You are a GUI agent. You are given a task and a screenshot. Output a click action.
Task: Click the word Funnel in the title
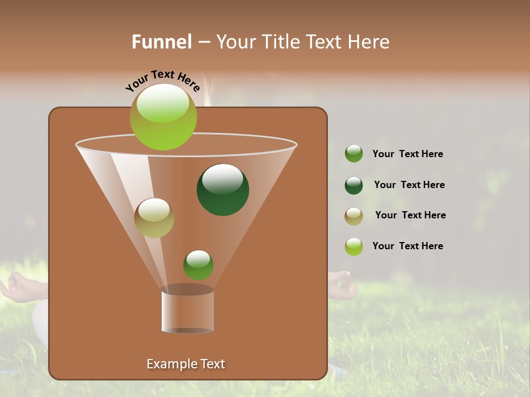point(161,42)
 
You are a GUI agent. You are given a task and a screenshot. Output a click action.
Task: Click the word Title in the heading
point(279,42)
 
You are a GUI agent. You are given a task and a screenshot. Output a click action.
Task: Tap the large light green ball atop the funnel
point(163,116)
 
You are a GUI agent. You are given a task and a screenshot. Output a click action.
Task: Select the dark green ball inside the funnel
point(222,189)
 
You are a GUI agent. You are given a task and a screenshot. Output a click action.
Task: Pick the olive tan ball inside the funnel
point(154,218)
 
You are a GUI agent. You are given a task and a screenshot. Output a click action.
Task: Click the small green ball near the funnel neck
point(198,265)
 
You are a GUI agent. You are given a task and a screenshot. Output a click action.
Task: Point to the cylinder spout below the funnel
point(187,310)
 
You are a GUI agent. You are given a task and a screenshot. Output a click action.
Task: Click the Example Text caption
point(185,364)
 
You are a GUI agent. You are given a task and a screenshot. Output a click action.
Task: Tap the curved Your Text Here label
point(162,80)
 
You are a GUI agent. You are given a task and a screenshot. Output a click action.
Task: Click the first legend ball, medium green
point(354,154)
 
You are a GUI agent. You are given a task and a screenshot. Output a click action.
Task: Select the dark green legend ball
point(354,185)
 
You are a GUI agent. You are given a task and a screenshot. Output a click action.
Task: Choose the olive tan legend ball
point(354,216)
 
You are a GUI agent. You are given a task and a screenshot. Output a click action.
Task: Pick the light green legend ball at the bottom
point(354,246)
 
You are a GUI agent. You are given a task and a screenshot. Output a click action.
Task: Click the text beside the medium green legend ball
point(407,154)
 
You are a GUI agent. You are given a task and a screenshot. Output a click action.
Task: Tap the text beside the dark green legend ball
point(409,185)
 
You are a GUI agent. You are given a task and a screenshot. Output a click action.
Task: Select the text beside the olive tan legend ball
point(410,216)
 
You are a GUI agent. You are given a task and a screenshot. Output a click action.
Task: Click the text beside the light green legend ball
point(407,246)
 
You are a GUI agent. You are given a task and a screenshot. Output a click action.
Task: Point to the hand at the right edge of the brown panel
point(340,283)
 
